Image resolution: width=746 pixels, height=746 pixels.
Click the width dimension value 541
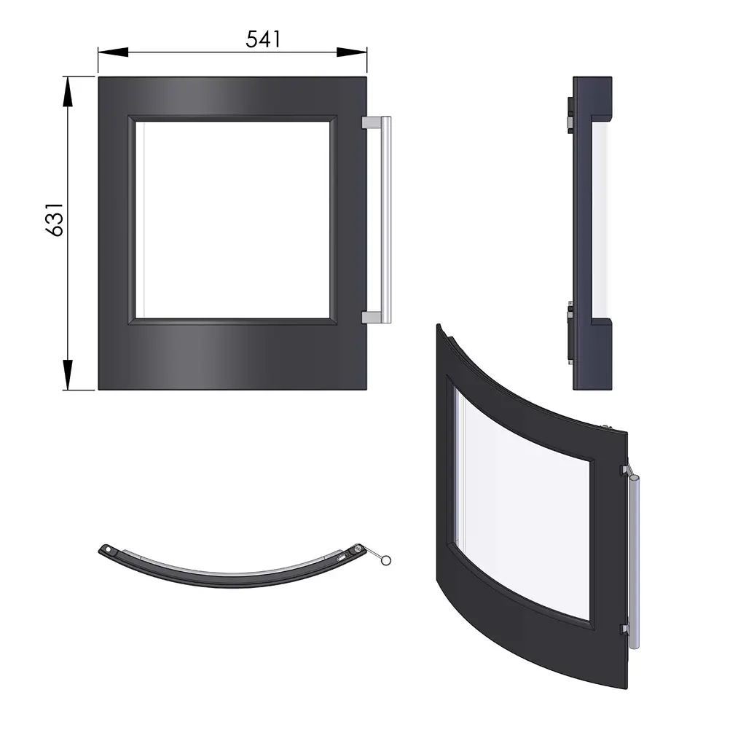coord(263,39)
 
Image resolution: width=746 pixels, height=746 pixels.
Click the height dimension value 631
coord(55,219)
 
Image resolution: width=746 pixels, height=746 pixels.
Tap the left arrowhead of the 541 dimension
coord(113,52)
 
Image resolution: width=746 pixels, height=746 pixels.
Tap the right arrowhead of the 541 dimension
coord(352,52)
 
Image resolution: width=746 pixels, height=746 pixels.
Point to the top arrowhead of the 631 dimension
coord(68,91)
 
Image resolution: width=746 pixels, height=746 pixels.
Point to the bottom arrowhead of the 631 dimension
coord(68,375)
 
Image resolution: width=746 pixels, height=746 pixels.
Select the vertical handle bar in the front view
coord(386,220)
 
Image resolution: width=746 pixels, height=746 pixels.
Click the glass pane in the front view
coord(232,220)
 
